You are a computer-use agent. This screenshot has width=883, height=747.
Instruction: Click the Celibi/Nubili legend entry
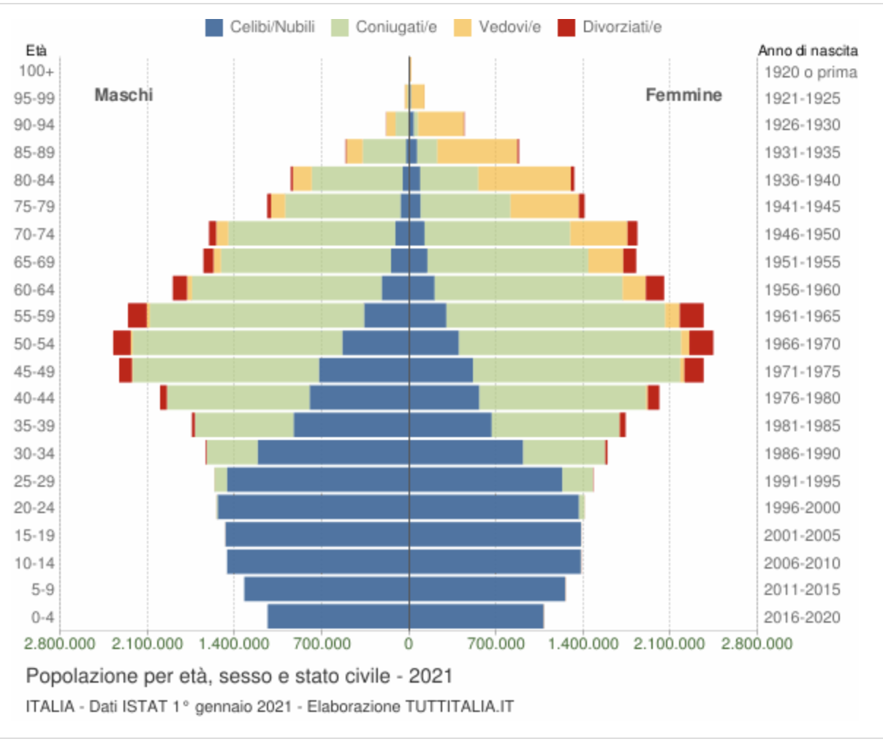[x=260, y=27]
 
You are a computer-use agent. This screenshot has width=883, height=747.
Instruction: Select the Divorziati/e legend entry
[x=610, y=27]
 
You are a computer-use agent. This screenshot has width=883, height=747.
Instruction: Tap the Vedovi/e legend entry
[x=497, y=27]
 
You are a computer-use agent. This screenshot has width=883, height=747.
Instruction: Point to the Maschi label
[x=124, y=95]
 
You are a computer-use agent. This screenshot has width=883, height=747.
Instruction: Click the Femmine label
[x=683, y=95]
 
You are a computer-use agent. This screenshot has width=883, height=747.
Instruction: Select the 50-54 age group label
[x=34, y=344]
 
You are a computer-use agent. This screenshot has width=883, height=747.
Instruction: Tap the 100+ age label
[x=37, y=71]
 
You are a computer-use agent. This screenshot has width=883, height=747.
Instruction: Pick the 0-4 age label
[x=42, y=617]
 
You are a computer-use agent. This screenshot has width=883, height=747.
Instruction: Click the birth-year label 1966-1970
[x=802, y=344]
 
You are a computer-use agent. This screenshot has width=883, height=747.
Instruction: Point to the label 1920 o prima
[x=811, y=72]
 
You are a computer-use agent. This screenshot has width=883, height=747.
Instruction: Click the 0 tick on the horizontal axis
[x=409, y=643]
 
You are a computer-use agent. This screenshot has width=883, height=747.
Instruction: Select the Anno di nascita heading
[x=808, y=50]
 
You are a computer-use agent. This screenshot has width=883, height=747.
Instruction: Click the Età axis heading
[x=37, y=50]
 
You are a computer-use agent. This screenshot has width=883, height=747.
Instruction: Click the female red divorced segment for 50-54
[x=701, y=343]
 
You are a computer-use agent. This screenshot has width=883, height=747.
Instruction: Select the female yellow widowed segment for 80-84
[x=524, y=179]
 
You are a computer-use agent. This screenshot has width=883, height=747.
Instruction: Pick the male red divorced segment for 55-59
[x=137, y=316]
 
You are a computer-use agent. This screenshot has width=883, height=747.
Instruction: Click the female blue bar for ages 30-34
[x=466, y=452]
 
